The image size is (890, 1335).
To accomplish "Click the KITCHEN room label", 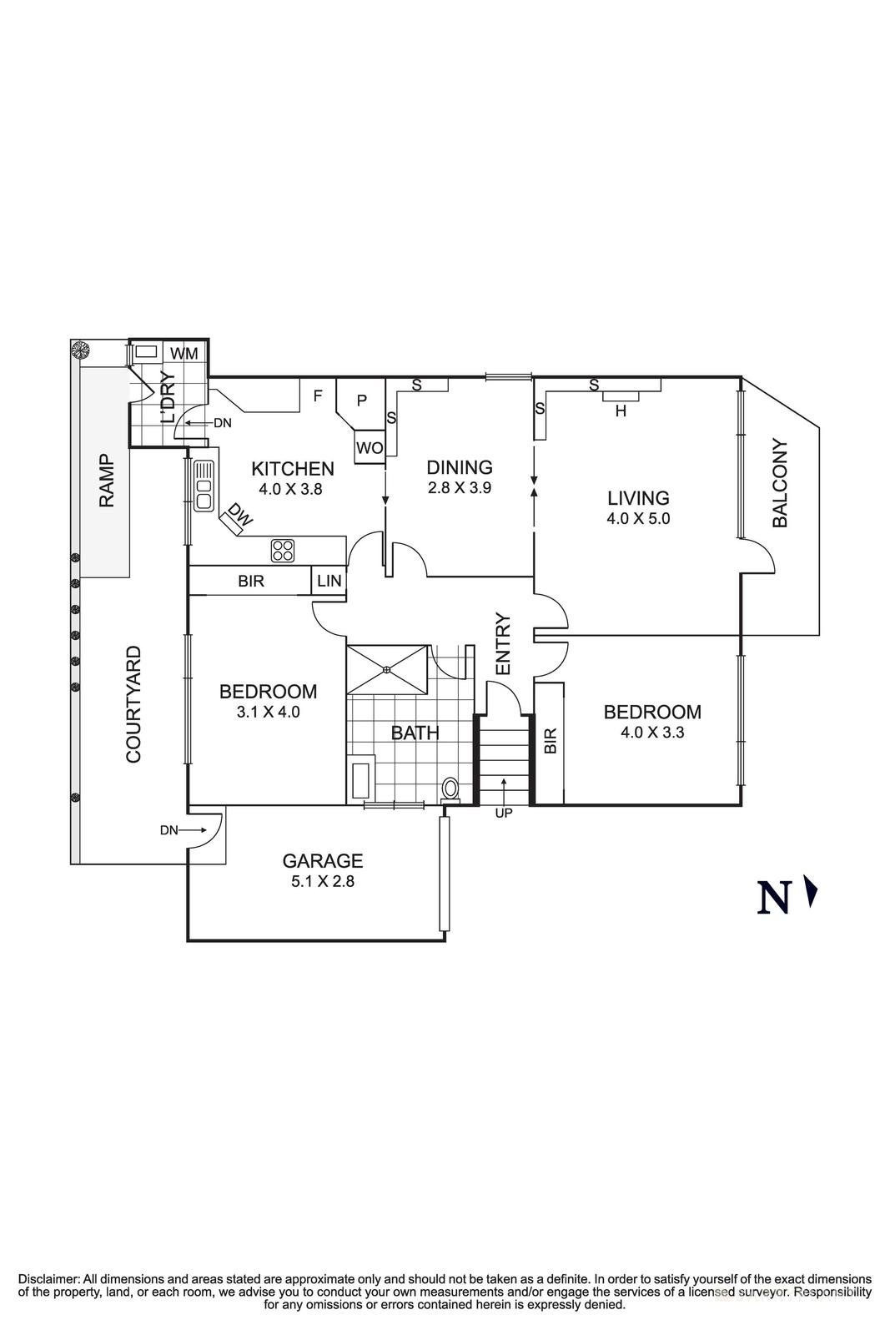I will pos(293,469).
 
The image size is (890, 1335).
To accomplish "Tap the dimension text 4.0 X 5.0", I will pos(638,518).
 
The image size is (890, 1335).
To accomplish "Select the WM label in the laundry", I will pos(184,354).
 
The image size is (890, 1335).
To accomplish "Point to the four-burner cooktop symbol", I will pos(283,550).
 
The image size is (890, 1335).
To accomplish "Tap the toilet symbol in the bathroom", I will pos(450,788).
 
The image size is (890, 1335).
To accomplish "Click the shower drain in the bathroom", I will pos(387,669).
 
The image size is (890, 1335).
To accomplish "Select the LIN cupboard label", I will pos(329,581).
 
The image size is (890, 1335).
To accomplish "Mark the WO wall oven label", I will pos(369,448).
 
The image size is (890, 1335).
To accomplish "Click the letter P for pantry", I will pos(361,400).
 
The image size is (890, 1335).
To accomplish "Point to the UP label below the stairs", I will pos(504,813).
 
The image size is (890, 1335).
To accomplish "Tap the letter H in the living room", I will pos(620,411).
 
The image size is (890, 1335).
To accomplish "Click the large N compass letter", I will pos(773,897).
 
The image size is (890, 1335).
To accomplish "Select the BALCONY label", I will pos(780,483).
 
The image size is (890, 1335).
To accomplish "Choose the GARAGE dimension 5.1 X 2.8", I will pos(322,881).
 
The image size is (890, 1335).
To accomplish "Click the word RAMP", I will pos(106,481).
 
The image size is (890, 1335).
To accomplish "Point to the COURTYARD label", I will pos(133,705).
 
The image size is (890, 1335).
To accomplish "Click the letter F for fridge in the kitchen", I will pos(317,396).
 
